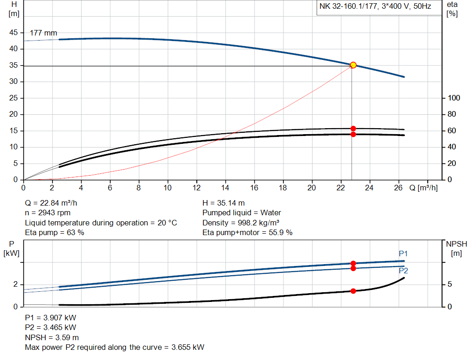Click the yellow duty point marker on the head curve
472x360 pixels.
353,65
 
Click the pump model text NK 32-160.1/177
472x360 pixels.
349,7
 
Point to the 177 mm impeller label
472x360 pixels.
43,33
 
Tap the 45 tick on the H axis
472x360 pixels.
14,33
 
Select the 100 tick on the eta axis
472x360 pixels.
454,98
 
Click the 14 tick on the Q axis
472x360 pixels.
225,188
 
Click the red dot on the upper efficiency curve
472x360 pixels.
353,129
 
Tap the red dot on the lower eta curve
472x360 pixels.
353,134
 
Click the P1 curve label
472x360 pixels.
403,254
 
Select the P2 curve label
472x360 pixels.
403,271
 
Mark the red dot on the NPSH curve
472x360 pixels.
353,291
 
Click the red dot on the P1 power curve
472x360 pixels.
353,263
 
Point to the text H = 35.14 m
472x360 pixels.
224,203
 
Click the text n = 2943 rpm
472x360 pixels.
47,212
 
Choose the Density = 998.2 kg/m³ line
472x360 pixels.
241,223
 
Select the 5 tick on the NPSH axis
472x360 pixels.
450,284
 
